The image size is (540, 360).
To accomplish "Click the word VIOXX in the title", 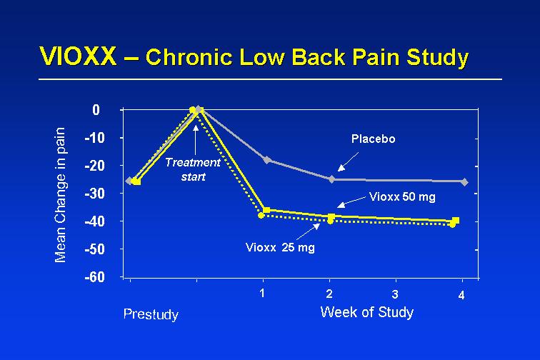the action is pos(78,56).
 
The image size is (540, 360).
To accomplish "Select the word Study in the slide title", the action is pos(438,58).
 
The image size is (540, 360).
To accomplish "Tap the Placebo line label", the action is pos(374,139).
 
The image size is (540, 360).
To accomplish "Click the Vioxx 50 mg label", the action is pos(402,196).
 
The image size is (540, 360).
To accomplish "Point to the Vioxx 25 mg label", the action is pos(280,247).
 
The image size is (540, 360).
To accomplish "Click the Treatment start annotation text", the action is pos(193,169).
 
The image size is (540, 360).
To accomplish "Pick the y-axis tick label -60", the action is pos(95,277).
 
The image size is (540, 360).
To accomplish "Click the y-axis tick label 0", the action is pos(96,110).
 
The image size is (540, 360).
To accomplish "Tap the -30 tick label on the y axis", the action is pos(95,194).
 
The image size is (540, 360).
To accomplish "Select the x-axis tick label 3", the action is pos(396,294).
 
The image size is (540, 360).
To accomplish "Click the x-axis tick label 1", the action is pos(262,293).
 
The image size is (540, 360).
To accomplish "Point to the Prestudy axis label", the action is pos(151,314).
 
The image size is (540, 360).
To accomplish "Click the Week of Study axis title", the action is pos(366,312).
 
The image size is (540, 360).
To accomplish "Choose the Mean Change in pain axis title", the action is pos(60,195).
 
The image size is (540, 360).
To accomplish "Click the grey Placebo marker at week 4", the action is pos(464,182).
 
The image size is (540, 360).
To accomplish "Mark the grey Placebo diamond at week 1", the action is pos(267,159).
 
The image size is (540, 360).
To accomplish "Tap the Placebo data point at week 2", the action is pos(331,179).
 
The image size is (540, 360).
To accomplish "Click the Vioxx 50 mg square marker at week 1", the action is pos(266,210).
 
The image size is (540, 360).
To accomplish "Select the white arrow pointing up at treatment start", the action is pos(196,140).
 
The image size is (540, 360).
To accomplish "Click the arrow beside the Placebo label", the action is pos(348,162).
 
